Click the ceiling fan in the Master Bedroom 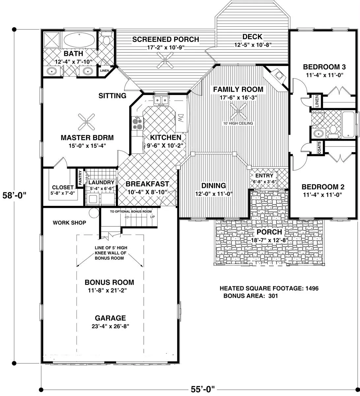click(x=86, y=122)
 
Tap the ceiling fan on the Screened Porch click(x=165, y=60)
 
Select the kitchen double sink click(x=161, y=100)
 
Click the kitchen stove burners click(x=137, y=124)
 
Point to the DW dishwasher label click(x=181, y=118)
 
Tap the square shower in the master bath click(x=51, y=40)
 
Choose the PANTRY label click(x=80, y=178)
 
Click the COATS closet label click(x=319, y=148)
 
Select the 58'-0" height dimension click(x=14, y=195)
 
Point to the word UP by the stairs click(x=153, y=217)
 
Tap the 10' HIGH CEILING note click(x=238, y=123)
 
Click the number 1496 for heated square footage click(x=312, y=288)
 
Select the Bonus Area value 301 click(x=273, y=296)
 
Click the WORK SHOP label click(x=70, y=223)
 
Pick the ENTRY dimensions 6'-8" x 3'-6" click(x=265, y=181)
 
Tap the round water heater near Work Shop click(x=94, y=213)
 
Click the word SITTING click(x=112, y=96)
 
